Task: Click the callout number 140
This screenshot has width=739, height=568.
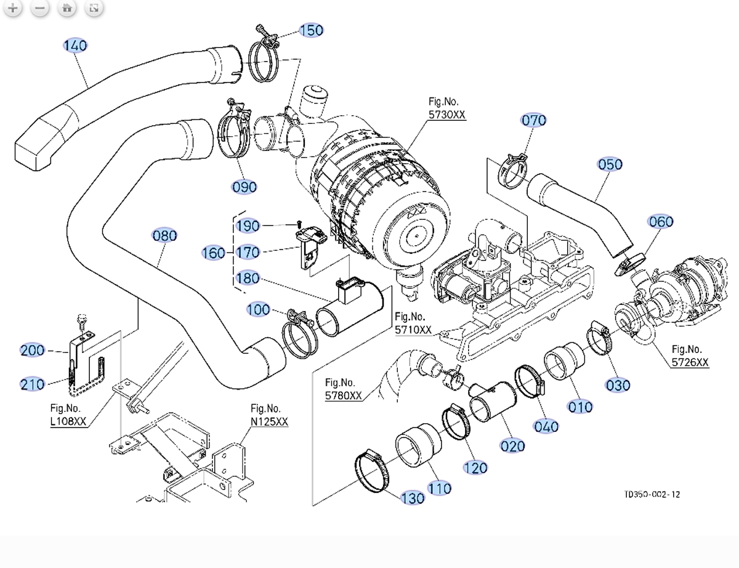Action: click(x=75, y=46)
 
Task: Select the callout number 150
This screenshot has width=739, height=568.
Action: click(x=311, y=30)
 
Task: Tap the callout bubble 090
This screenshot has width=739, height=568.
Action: click(x=244, y=187)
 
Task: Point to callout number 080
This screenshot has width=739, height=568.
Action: click(x=164, y=235)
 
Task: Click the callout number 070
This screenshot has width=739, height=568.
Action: click(x=533, y=120)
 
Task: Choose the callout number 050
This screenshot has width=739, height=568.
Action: click(x=610, y=164)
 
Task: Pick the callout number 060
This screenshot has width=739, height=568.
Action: click(x=661, y=221)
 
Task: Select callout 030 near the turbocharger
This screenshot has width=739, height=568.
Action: click(x=618, y=385)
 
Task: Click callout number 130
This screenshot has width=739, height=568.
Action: click(x=413, y=498)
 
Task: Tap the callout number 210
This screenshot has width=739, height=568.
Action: click(x=32, y=384)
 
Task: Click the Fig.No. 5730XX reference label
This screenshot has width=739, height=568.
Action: click(x=447, y=108)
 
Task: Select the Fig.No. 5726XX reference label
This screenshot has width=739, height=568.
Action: click(x=690, y=356)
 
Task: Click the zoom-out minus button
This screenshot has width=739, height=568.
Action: click(x=39, y=8)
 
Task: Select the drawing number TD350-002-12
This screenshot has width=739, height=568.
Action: click(x=652, y=494)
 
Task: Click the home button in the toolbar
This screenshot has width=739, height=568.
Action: click(x=67, y=8)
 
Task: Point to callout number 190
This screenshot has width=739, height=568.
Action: click(x=248, y=226)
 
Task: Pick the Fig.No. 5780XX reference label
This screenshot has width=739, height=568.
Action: click(x=344, y=389)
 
